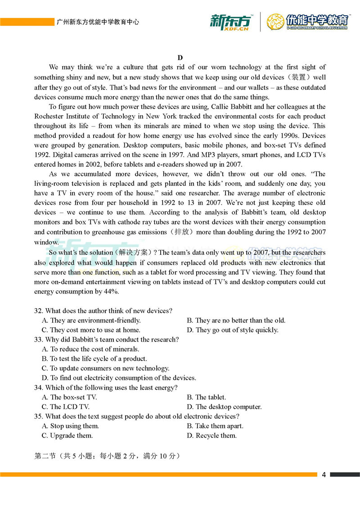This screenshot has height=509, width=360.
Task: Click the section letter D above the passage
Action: [180, 57]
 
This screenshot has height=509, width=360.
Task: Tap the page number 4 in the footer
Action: [324, 475]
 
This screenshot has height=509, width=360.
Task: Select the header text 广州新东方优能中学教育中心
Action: [97, 22]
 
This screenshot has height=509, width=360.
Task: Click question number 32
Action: [38, 311]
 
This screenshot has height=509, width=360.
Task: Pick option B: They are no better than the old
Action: [236, 320]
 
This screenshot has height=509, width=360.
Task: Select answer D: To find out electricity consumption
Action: [119, 378]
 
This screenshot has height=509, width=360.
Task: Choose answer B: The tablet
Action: [207, 397]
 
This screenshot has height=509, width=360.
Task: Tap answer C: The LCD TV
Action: [66, 407]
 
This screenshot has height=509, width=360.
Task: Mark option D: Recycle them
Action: [211, 436]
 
